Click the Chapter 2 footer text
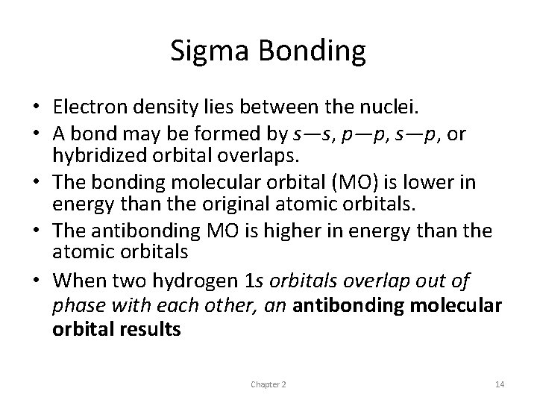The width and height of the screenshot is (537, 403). click(x=268, y=384)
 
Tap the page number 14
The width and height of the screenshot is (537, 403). click(x=500, y=384)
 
